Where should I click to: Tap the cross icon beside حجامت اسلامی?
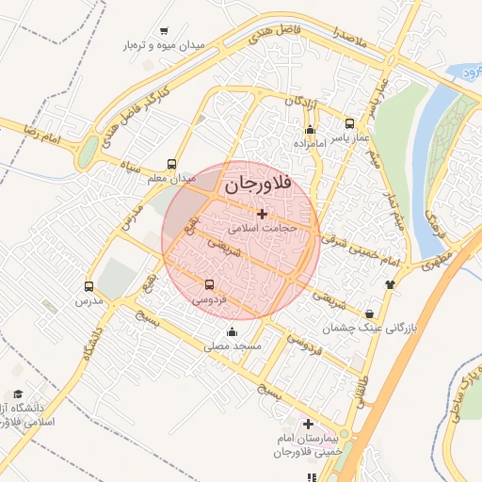(x=262, y=215)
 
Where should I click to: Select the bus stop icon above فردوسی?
(x=209, y=284)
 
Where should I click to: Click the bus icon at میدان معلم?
(x=171, y=164)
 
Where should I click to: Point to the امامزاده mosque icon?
(x=310, y=129)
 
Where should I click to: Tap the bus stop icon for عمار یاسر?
(x=350, y=123)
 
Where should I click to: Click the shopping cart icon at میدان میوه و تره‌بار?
(x=166, y=31)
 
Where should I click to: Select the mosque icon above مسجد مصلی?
(x=232, y=331)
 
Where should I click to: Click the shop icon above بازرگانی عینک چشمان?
(x=369, y=313)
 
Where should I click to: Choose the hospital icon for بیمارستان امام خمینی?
(x=308, y=424)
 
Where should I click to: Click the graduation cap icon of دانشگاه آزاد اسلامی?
(x=18, y=394)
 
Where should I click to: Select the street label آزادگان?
(x=289, y=100)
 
